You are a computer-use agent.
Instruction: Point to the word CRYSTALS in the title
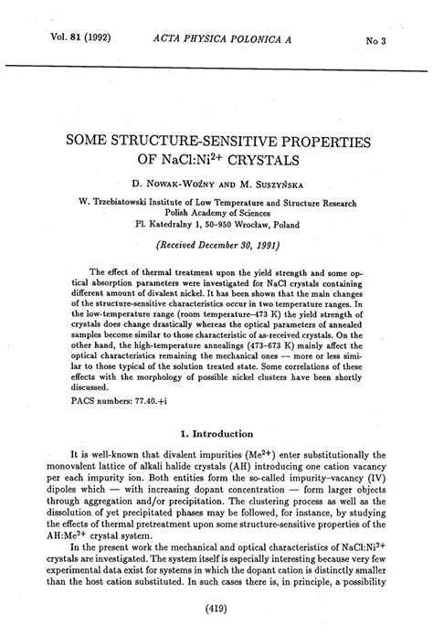(267, 164)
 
